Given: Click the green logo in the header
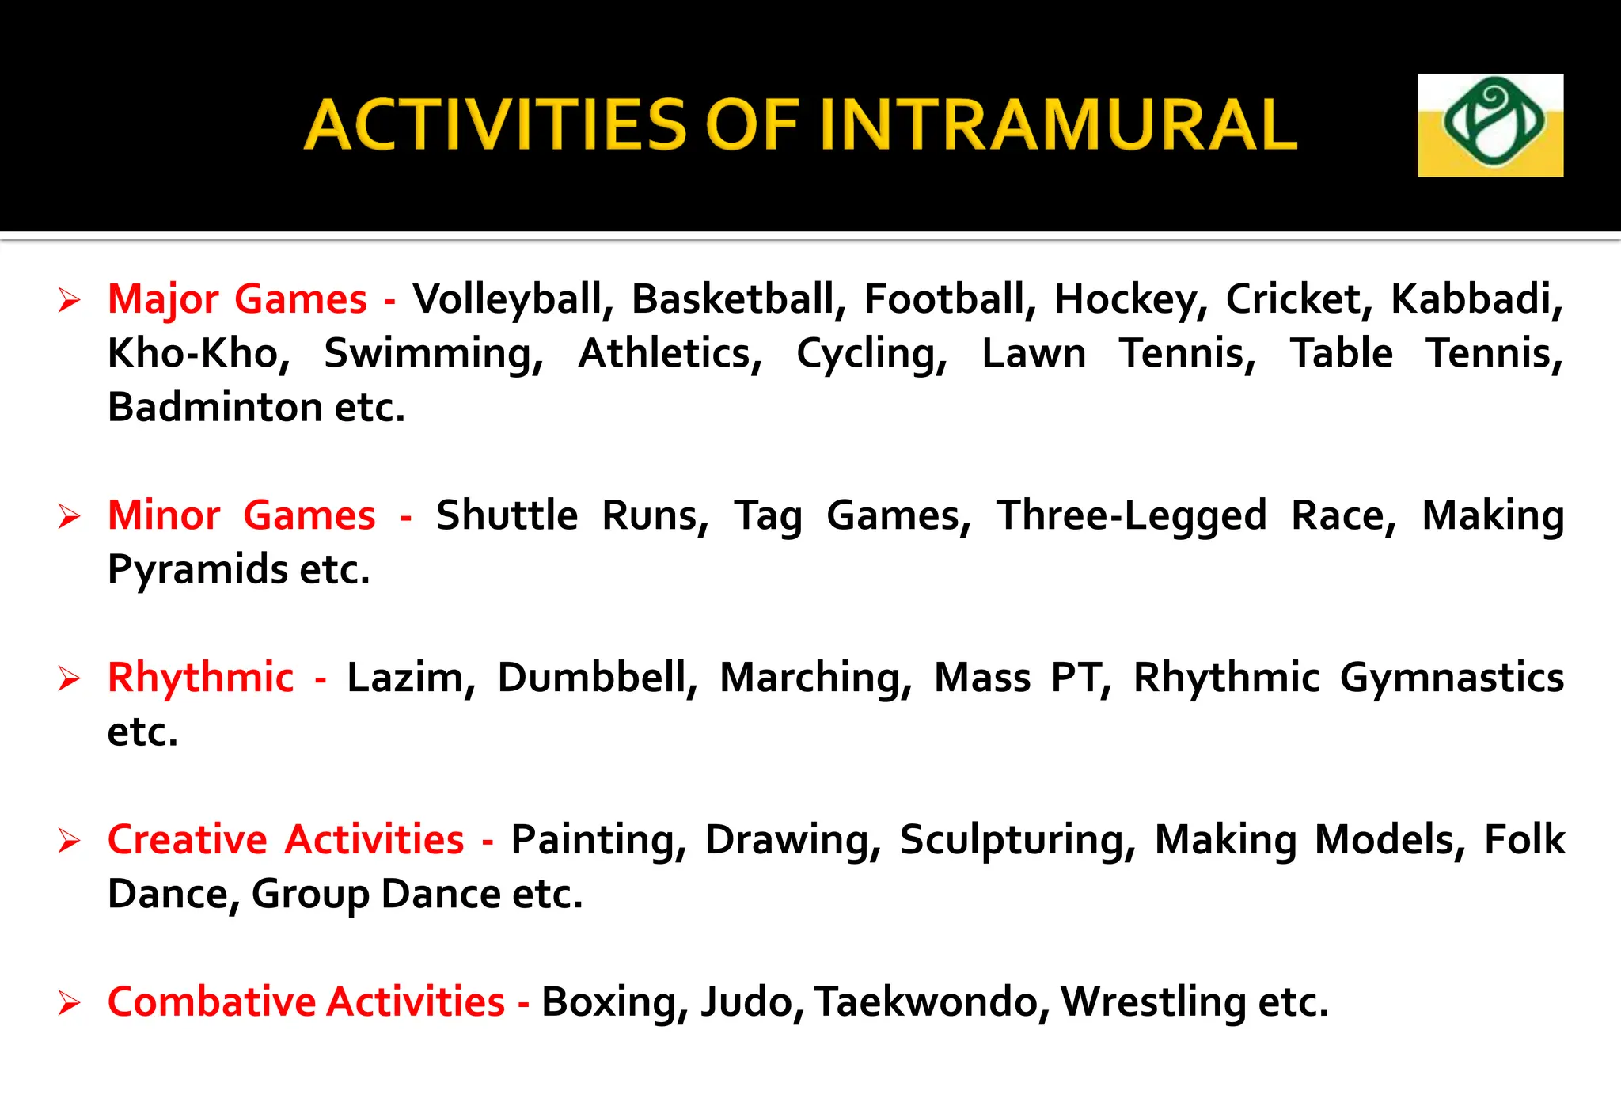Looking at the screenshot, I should (1490, 125).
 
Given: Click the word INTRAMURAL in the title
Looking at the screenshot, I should (1057, 125).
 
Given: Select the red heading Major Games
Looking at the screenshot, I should (237, 299).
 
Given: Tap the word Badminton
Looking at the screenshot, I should (214, 407).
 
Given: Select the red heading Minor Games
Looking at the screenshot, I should (241, 515).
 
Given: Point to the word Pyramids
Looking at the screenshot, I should (197, 570).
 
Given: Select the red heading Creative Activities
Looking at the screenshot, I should (286, 840).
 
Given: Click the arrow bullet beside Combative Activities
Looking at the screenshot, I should (70, 1004).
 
